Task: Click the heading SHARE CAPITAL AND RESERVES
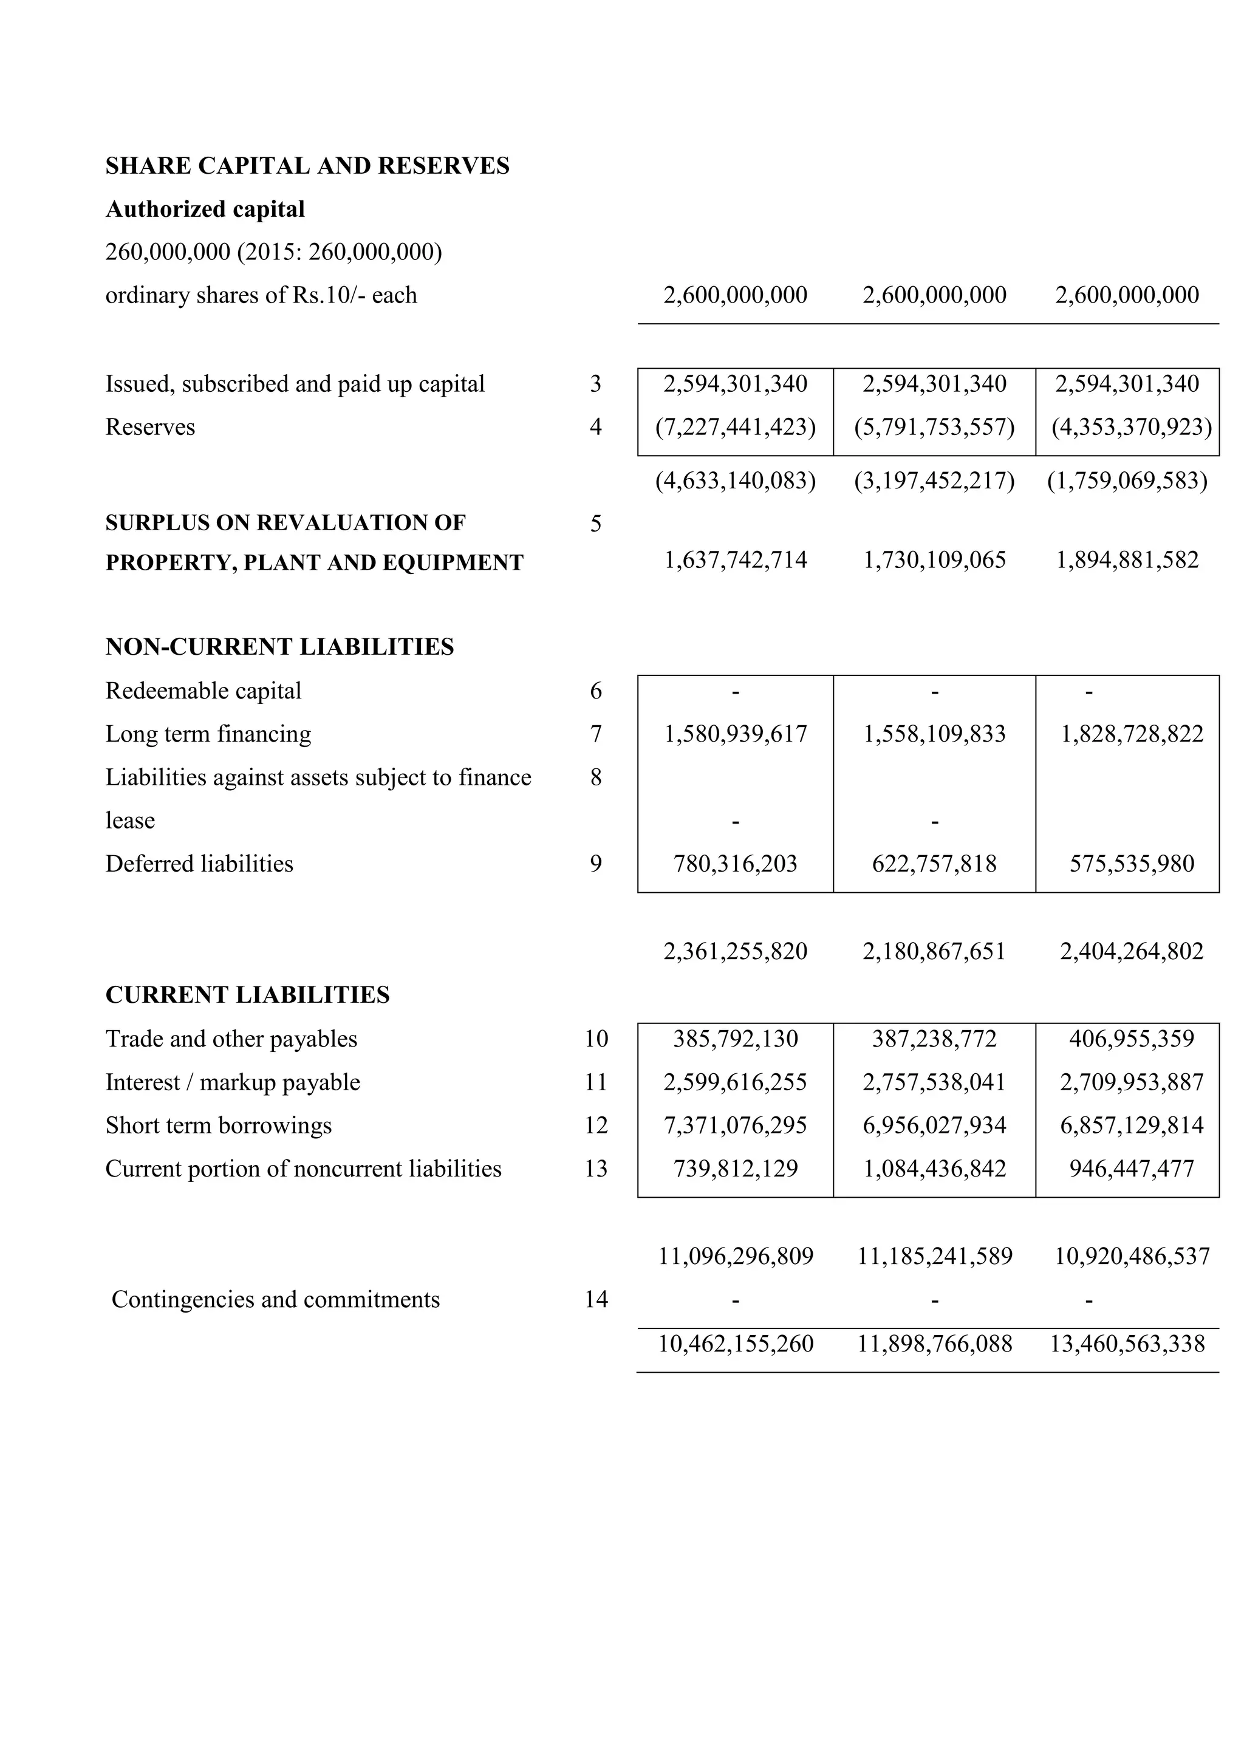click(x=307, y=165)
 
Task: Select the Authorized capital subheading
click(x=205, y=209)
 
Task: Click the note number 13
click(x=595, y=1169)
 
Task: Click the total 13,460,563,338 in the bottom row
click(x=1127, y=1343)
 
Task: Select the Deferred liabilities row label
click(x=199, y=864)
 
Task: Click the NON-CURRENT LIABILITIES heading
click(x=279, y=647)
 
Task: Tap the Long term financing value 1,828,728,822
click(x=1132, y=734)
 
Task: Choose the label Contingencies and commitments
click(x=275, y=1299)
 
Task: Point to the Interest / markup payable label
click(x=232, y=1082)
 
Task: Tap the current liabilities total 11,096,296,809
click(x=736, y=1257)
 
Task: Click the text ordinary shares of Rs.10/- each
click(x=261, y=295)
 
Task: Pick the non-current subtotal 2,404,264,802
click(x=1132, y=952)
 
